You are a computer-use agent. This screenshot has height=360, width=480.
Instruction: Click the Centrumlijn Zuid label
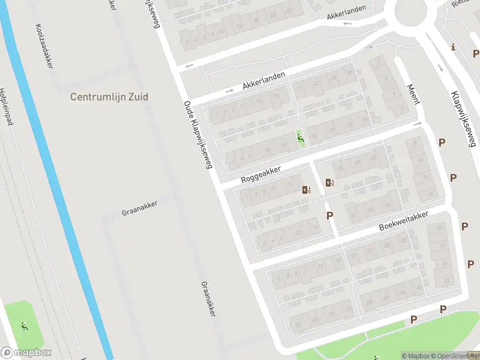point(109,96)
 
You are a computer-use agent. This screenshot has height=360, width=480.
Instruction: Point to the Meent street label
point(413,94)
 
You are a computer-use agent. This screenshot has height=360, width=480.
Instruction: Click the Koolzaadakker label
point(44,46)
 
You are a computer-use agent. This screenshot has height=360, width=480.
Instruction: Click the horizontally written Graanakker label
point(139,208)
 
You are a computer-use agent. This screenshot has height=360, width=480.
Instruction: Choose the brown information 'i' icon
point(454,47)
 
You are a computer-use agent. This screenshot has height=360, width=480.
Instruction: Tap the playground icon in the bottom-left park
point(25,326)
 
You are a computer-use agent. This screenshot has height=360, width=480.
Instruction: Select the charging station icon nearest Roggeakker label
point(307,190)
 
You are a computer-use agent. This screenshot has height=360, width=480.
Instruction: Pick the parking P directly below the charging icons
point(329,215)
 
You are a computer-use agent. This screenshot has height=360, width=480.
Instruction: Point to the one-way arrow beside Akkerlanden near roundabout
point(347,24)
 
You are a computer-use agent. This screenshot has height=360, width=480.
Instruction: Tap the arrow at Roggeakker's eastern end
point(419,124)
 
